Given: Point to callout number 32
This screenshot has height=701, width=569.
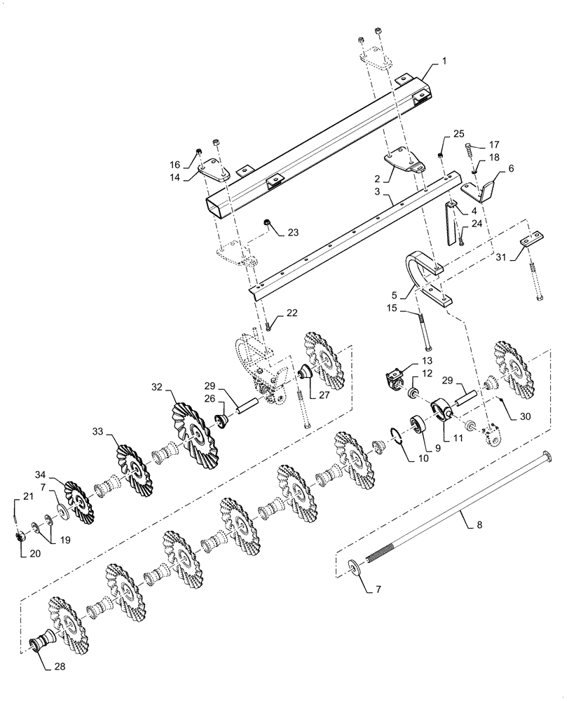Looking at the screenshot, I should [156, 386].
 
